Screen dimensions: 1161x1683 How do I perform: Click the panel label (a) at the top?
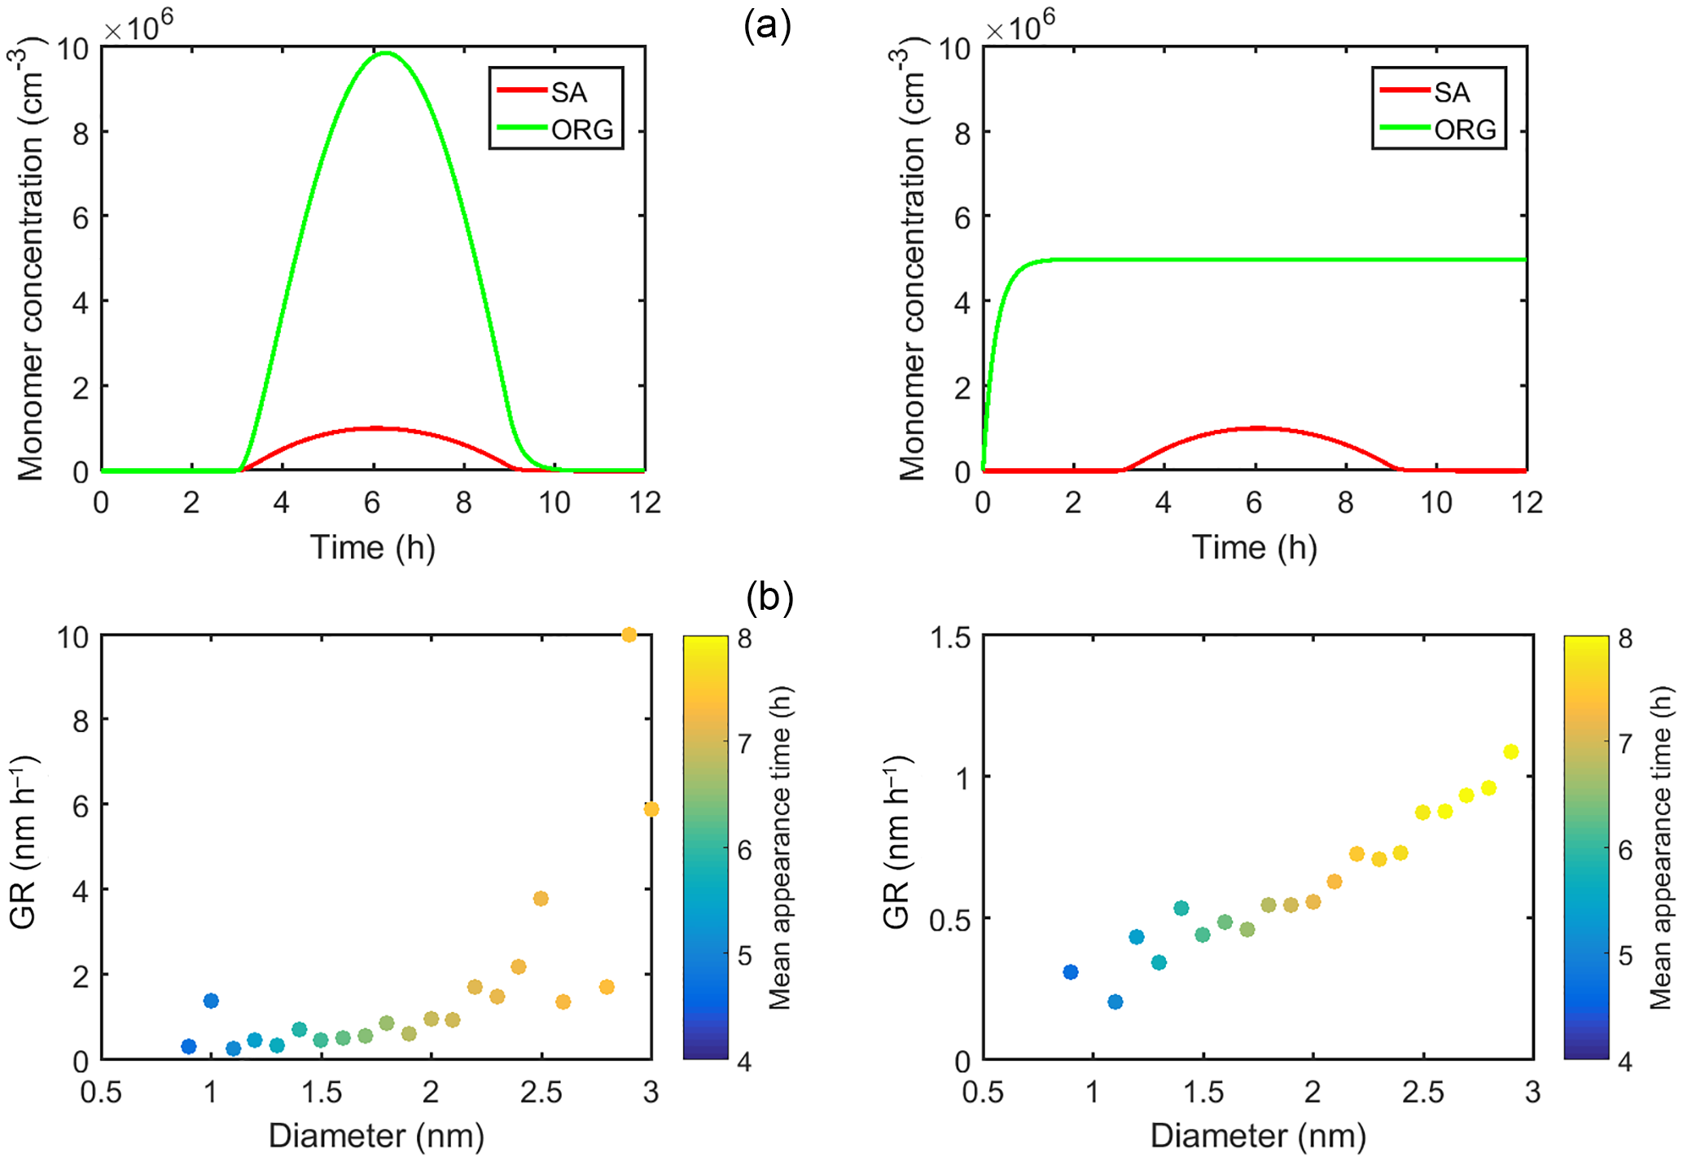[x=767, y=27]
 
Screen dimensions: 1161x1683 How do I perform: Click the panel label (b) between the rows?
[x=769, y=597]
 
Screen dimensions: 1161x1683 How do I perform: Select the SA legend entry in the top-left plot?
[x=568, y=92]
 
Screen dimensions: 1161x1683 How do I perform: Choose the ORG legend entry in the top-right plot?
[x=1465, y=129]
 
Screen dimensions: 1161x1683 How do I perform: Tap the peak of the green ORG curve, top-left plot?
[x=384, y=54]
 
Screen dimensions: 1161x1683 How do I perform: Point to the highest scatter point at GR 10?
[x=629, y=635]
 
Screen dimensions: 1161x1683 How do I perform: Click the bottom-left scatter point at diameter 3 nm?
[x=651, y=809]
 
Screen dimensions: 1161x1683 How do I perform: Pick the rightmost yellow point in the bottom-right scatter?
[x=1511, y=751]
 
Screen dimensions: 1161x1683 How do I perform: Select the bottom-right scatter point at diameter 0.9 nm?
[x=1071, y=972]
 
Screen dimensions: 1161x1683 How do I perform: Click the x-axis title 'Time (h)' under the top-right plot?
[x=1254, y=548]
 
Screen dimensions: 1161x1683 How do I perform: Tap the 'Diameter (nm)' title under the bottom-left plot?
[x=376, y=1136]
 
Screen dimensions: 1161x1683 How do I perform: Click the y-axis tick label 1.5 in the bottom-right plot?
[x=950, y=637]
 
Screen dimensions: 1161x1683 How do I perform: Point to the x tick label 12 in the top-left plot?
[x=645, y=503]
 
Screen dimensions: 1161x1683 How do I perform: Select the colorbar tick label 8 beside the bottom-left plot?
[x=743, y=638]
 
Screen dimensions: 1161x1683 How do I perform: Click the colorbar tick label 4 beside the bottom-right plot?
[x=1625, y=1062]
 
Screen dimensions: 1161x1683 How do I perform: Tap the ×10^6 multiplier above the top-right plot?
[x=1019, y=27]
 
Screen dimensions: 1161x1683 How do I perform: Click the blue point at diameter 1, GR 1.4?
[x=211, y=1001]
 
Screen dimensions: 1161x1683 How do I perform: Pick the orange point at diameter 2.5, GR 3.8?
[x=541, y=899]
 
